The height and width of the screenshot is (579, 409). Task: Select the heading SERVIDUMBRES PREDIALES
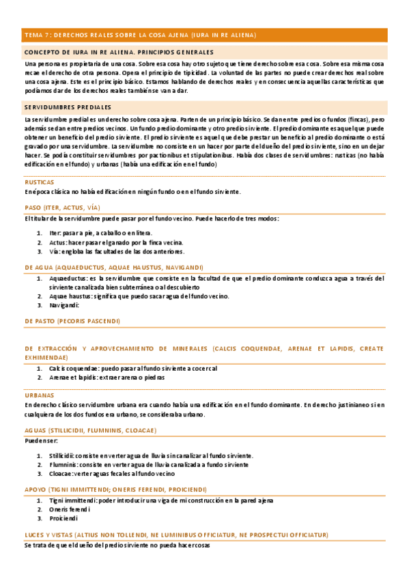tap(68, 107)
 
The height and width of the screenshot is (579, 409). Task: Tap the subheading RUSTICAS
tap(40, 183)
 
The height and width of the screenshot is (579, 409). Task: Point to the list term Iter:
tap(55, 233)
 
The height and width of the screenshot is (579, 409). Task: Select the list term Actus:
tap(58, 242)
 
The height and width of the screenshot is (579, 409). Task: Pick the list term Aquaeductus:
tap(68, 278)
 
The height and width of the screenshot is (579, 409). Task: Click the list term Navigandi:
tap(65, 305)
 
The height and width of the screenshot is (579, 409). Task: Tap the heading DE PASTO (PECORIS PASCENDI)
tap(72, 320)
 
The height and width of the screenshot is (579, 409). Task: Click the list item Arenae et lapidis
tap(106, 377)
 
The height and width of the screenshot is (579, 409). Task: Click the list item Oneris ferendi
tap(70, 509)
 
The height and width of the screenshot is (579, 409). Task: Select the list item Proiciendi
tap(64, 518)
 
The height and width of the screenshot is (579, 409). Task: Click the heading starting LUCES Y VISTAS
tap(175, 535)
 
